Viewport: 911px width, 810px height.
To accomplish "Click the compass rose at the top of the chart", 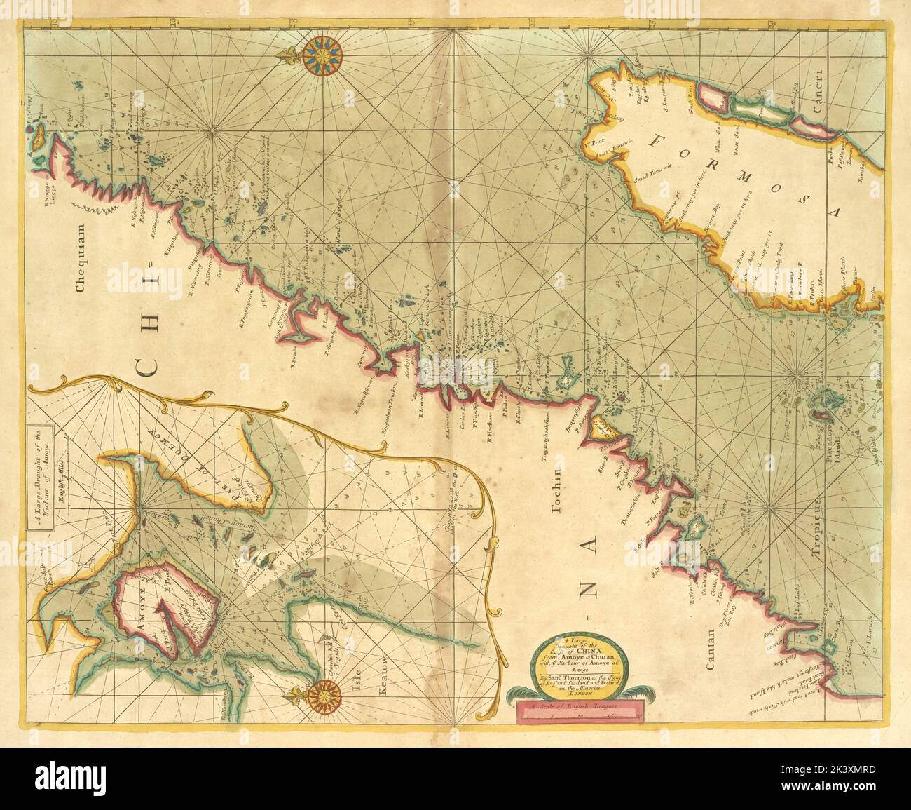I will (x=324, y=54).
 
